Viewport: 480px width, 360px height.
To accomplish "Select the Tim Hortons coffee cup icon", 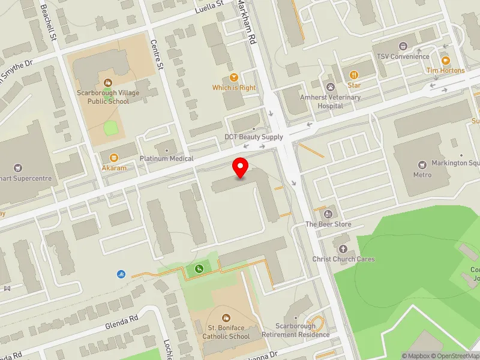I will tap(445, 61).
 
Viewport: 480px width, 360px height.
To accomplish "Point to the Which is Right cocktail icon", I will tap(234, 77).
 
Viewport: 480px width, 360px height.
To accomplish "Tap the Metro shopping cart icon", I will tap(422, 164).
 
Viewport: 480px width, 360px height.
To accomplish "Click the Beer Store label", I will tap(328, 224).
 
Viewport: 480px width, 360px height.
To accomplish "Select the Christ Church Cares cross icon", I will tap(344, 248).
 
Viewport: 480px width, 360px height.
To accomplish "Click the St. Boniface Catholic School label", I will tap(226, 332).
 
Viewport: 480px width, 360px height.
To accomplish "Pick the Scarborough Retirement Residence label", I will tap(303, 330).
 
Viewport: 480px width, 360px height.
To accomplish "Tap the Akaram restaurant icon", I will tap(113, 158).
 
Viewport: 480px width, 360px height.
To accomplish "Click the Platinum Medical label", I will tap(167, 158).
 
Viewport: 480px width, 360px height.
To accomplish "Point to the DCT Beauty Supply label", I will tap(254, 137).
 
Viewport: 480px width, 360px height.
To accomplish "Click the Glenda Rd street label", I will tap(123, 322).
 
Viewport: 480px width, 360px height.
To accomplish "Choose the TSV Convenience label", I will tap(403, 56).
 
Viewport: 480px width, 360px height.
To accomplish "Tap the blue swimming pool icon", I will tap(121, 274).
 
